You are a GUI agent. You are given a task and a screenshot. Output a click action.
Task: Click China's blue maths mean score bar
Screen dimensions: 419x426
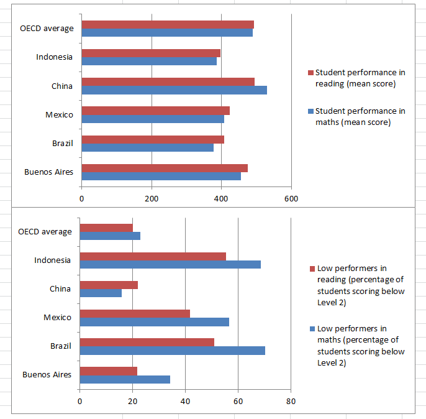pyautogui.click(x=174, y=90)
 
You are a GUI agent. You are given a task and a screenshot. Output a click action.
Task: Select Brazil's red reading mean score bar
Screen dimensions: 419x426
pyautogui.click(x=152, y=139)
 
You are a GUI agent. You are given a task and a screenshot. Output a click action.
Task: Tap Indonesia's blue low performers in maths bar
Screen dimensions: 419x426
pyautogui.click(x=170, y=264)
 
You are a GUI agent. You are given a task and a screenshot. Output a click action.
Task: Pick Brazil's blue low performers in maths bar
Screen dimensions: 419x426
pyautogui.click(x=172, y=351)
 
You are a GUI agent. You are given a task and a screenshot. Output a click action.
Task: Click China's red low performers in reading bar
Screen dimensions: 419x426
pyautogui.click(x=109, y=285)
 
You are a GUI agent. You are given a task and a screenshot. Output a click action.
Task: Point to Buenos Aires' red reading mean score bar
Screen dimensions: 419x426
pyautogui.click(x=164, y=168)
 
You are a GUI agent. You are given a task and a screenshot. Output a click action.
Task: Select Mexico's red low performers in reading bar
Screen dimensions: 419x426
pyautogui.click(x=135, y=313)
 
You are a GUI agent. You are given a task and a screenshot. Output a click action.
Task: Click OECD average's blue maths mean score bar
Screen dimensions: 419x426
pyautogui.click(x=166, y=32)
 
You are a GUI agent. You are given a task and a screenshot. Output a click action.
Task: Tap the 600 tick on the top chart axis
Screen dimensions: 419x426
pyautogui.click(x=291, y=199)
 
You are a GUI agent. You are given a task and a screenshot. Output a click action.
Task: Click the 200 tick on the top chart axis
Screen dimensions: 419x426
pyautogui.click(x=152, y=199)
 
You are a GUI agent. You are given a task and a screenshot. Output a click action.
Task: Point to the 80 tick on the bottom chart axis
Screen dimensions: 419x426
pyautogui.click(x=290, y=401)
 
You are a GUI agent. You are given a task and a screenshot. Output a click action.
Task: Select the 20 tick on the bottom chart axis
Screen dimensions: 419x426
pyautogui.click(x=132, y=401)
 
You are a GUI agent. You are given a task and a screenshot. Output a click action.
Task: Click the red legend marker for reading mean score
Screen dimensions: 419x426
pyautogui.click(x=310, y=73)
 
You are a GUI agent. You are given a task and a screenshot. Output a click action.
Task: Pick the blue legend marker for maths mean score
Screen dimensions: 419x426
pyautogui.click(x=310, y=111)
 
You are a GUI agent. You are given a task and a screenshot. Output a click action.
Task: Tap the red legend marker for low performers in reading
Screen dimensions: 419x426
pyautogui.click(x=312, y=269)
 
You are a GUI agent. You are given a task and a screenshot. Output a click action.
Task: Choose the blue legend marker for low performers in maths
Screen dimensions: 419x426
pyautogui.click(x=312, y=329)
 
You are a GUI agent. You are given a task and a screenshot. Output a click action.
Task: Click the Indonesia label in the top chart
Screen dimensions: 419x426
pyautogui.click(x=54, y=57)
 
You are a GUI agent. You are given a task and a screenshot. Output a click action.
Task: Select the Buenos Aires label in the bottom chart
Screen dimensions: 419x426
pyautogui.click(x=47, y=374)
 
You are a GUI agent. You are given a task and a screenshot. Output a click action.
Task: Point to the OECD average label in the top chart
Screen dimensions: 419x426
pyautogui.click(x=47, y=29)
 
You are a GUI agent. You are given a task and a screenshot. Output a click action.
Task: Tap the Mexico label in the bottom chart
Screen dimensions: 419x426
pyautogui.click(x=57, y=317)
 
